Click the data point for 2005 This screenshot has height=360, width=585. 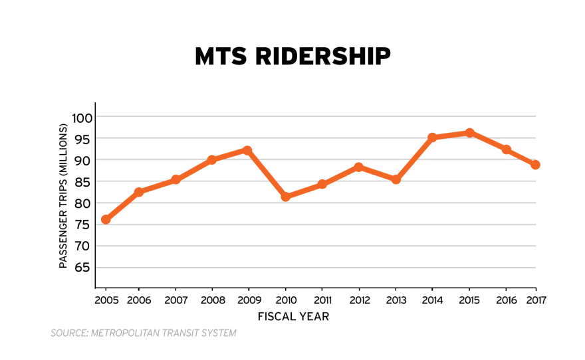pos(106,219)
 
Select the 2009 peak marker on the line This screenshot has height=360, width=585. pos(247,150)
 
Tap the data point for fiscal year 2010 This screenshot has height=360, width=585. pos(285,197)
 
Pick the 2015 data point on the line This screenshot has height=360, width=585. pos(469,133)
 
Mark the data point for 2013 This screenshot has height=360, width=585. pos(396,179)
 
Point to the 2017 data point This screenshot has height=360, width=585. pos(535,165)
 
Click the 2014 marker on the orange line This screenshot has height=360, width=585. pos(432,137)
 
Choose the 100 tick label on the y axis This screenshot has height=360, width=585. pos(82,118)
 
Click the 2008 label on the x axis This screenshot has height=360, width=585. pos(212,300)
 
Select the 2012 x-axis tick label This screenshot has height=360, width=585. pos(359,300)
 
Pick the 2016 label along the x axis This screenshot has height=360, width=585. pos(506,300)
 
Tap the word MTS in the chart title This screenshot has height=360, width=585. pos(219,57)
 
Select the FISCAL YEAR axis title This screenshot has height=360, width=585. pos(293,317)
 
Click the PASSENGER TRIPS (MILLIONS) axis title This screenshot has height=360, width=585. pos(64,195)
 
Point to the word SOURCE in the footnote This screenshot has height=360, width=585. pos(68,333)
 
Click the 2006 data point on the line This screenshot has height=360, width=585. pos(139,192)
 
